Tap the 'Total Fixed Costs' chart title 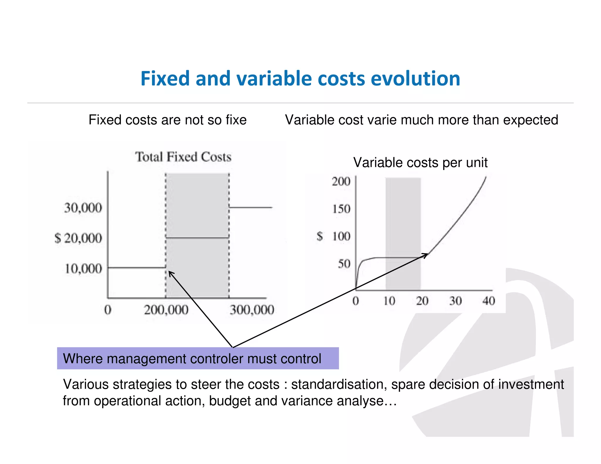pyautogui.click(x=183, y=157)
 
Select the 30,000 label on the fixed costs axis pyautogui.click(x=83, y=208)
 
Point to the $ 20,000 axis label pyautogui.click(x=78, y=238)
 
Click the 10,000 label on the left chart pyautogui.click(x=83, y=269)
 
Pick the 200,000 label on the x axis pyautogui.click(x=166, y=310)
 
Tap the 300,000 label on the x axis pyautogui.click(x=252, y=310)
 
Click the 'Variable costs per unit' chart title pyautogui.click(x=420, y=162)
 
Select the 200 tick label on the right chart pyautogui.click(x=341, y=182)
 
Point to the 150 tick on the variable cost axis pyautogui.click(x=341, y=209)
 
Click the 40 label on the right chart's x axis pyautogui.click(x=489, y=301)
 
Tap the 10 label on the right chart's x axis pyautogui.click(x=389, y=301)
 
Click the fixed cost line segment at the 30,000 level pyautogui.click(x=251, y=207)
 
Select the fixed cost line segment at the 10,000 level pyautogui.click(x=136, y=267)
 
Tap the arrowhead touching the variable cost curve pyautogui.click(x=425, y=255)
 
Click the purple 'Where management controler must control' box pyautogui.click(x=198, y=358)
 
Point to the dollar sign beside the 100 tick pyautogui.click(x=320, y=236)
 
